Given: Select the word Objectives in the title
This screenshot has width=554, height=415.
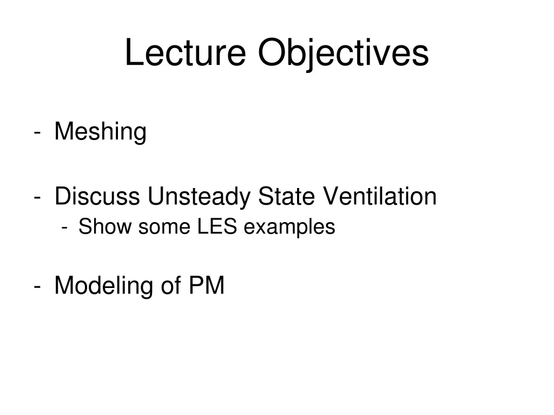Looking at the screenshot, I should point(343,53).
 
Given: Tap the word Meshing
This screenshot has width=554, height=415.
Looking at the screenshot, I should point(101,132).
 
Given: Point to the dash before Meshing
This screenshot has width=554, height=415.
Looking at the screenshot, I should point(36,132).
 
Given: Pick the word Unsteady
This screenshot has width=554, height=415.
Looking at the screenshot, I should point(200,196).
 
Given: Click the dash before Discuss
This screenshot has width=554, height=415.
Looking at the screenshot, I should point(36,197).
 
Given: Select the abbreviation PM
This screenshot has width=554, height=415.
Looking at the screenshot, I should point(207,285).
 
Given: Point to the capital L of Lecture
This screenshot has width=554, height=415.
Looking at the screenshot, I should point(133,53).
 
